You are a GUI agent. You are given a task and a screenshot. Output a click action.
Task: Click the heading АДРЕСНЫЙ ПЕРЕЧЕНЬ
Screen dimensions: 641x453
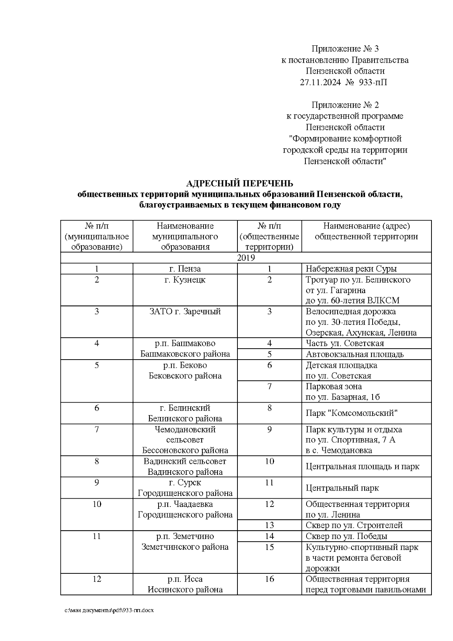coord(240,184)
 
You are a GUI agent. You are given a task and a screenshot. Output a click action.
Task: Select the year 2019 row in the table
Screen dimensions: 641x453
coord(246,258)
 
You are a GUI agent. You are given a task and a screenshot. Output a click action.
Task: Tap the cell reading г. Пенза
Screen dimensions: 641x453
coord(185,269)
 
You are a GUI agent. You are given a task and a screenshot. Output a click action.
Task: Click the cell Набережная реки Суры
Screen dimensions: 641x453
coord(351,269)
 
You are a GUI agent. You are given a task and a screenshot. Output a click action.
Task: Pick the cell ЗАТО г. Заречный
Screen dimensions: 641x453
coord(185,312)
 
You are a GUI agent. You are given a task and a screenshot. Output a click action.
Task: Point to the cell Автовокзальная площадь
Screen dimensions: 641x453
coord(354,354)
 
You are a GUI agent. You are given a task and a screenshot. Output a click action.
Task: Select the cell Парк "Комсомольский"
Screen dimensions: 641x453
coord(351,413)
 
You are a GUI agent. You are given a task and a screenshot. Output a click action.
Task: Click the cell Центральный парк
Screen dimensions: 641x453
coord(342,488)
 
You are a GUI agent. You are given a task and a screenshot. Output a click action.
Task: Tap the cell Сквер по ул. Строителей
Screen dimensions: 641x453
coord(354,525)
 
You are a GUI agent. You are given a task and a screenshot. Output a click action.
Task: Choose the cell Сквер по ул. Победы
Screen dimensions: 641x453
coord(346,536)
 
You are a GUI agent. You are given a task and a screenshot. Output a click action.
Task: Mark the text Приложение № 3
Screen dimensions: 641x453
coord(345,49)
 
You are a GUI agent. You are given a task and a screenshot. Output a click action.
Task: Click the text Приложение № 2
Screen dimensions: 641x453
coord(345,105)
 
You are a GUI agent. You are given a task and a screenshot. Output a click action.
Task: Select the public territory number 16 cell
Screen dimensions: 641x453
coord(269,579)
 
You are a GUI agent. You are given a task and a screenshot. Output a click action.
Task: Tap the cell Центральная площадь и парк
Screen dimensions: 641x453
coord(362,466)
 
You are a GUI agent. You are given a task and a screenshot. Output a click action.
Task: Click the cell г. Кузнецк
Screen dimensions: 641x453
coord(185,280)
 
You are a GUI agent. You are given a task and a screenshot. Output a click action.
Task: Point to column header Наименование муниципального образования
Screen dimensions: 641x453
coord(185,236)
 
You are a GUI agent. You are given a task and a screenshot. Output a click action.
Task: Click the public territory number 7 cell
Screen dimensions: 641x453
coord(269,386)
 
